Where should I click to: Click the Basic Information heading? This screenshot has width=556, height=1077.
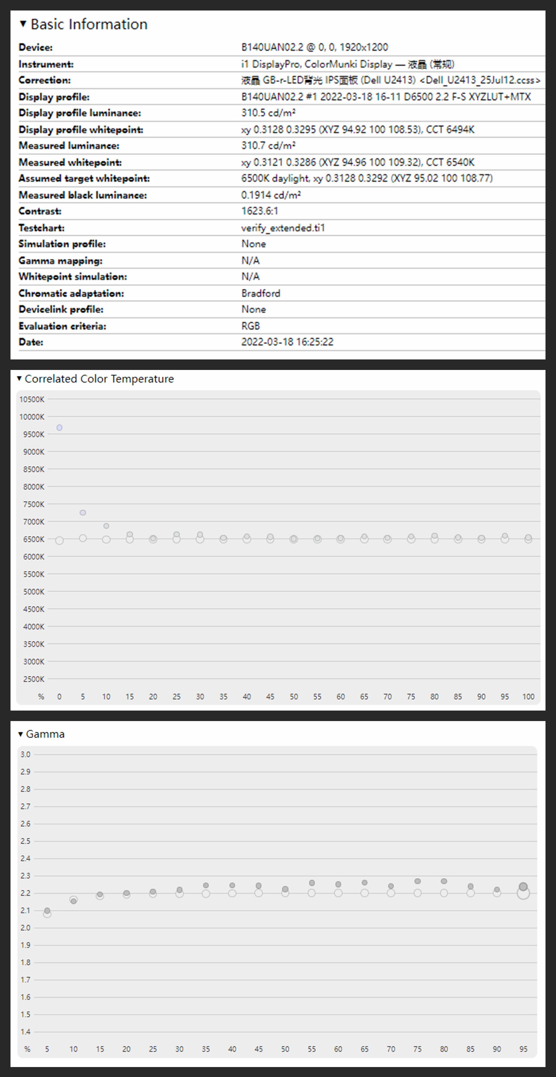pyautogui.click(x=89, y=24)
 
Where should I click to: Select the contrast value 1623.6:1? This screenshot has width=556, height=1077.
pyautogui.click(x=259, y=211)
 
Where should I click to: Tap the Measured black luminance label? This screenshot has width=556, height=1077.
pyautogui.click(x=82, y=195)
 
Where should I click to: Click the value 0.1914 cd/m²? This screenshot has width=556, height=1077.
pyautogui.click(x=271, y=195)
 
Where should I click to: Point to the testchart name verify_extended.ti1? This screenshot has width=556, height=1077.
pyautogui.click(x=283, y=228)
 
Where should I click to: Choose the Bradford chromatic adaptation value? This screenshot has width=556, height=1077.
pyautogui.click(x=260, y=293)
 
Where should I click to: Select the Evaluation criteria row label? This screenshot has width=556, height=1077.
pyautogui.click(x=62, y=326)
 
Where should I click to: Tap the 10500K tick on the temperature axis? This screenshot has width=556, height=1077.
pyautogui.click(x=32, y=399)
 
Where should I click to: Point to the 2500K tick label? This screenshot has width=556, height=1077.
pyautogui.click(x=33, y=679)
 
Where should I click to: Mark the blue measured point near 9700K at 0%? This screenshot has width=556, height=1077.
pyautogui.click(x=59, y=428)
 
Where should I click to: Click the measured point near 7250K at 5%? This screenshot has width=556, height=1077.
pyautogui.click(x=83, y=513)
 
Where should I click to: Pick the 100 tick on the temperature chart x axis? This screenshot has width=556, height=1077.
pyautogui.click(x=528, y=697)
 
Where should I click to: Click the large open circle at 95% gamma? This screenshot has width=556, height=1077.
pyautogui.click(x=523, y=893)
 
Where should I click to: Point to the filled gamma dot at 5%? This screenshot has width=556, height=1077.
pyautogui.click(x=47, y=911)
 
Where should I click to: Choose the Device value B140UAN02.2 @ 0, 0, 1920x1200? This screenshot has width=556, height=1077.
pyautogui.click(x=314, y=47)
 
